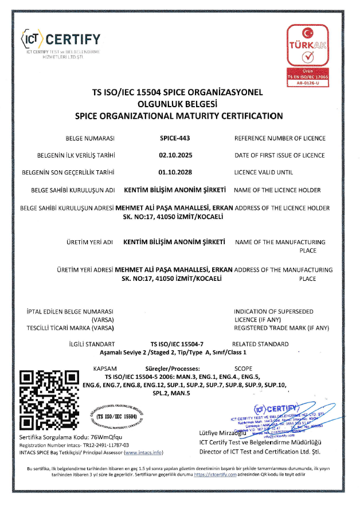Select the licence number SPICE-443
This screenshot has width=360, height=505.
point(174,138)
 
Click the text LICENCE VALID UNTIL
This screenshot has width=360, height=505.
point(264,172)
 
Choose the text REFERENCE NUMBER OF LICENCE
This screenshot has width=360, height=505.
point(280,138)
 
